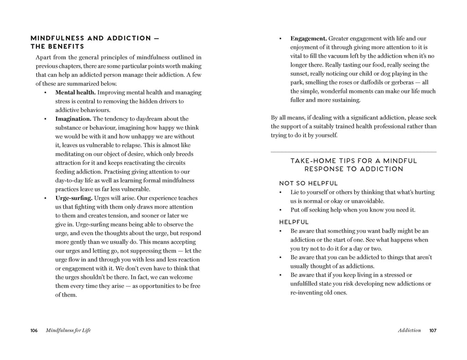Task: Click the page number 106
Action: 34,330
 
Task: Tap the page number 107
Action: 433,330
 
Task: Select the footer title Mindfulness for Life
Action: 68,330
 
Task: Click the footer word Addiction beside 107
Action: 409,330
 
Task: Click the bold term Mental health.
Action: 75,93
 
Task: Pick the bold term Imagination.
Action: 73,119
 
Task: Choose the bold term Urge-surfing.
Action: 74,198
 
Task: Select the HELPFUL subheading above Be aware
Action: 294,222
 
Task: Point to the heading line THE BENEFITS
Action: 57,46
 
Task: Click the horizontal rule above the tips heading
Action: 353,152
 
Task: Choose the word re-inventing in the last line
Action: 308,293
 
